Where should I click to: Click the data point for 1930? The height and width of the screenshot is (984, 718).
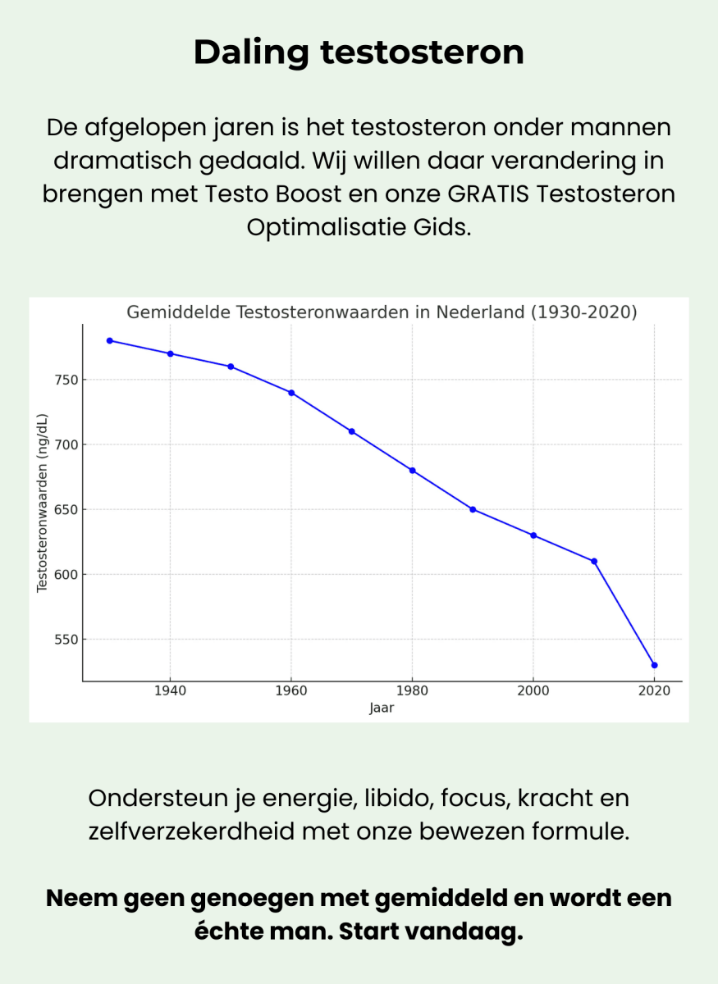click(109, 340)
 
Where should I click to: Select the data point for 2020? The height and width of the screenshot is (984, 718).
click(654, 665)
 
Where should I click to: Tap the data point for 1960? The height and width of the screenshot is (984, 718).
click(291, 393)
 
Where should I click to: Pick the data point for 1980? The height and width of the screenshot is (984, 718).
click(412, 471)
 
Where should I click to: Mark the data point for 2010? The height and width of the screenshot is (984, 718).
click(594, 562)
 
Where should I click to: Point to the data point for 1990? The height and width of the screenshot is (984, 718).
click(473, 509)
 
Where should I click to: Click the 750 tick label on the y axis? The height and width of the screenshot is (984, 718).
click(66, 380)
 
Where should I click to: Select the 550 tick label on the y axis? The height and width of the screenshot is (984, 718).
click(66, 640)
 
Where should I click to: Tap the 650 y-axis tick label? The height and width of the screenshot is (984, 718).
click(66, 509)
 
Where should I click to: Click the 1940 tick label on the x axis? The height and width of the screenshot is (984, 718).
click(170, 691)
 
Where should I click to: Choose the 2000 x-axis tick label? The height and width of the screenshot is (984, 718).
click(533, 691)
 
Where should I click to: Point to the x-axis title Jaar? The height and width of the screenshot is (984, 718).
click(382, 708)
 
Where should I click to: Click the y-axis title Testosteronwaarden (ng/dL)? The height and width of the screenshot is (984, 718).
click(43, 503)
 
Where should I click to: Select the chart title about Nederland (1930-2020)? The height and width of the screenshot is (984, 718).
click(382, 312)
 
